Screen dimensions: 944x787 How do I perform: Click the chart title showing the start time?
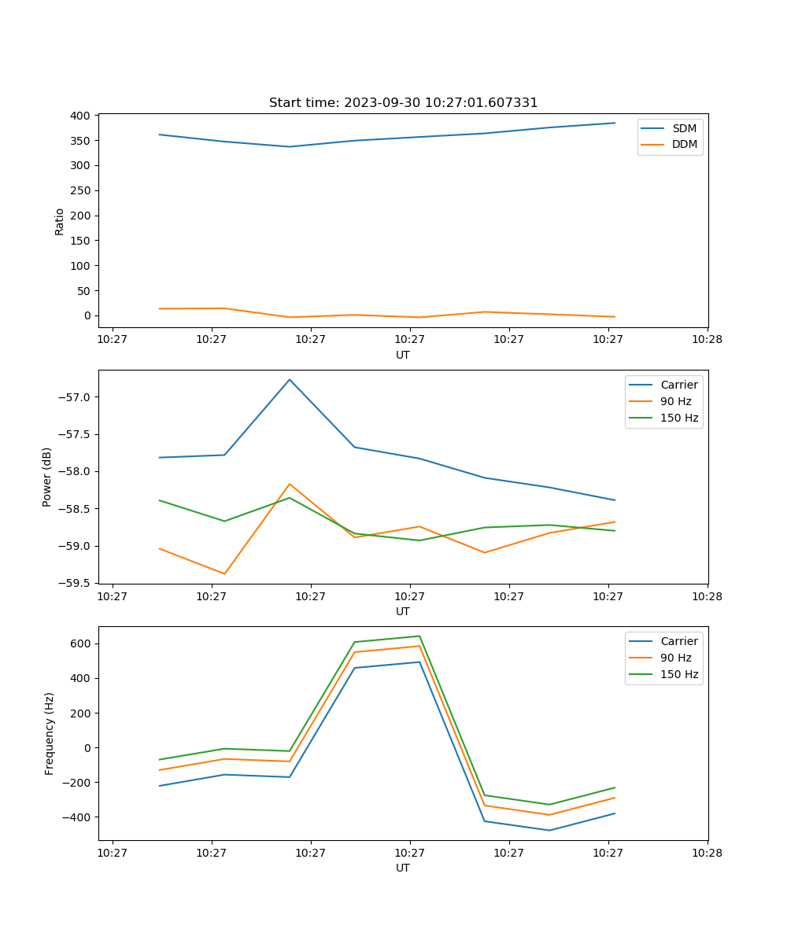tap(403, 103)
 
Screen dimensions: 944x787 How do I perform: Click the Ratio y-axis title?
tap(60, 221)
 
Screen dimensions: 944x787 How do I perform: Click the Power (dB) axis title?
tap(47, 477)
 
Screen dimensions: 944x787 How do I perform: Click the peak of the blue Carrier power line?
tap(290, 379)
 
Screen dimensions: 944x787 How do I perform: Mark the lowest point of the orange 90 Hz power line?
tap(224, 573)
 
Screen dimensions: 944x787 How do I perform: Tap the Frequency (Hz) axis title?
tap(50, 733)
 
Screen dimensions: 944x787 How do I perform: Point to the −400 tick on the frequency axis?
tap(76, 817)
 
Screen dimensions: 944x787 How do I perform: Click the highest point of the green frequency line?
tap(419, 636)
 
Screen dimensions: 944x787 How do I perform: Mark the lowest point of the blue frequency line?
tap(549, 830)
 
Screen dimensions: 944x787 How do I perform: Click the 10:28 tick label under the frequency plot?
tap(708, 851)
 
